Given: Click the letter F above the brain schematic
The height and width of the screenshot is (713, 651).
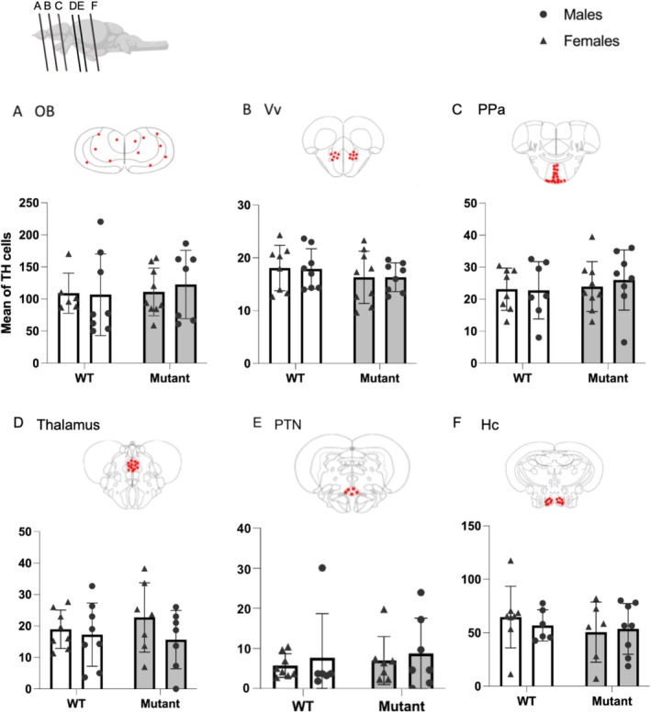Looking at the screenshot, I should [94, 6].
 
